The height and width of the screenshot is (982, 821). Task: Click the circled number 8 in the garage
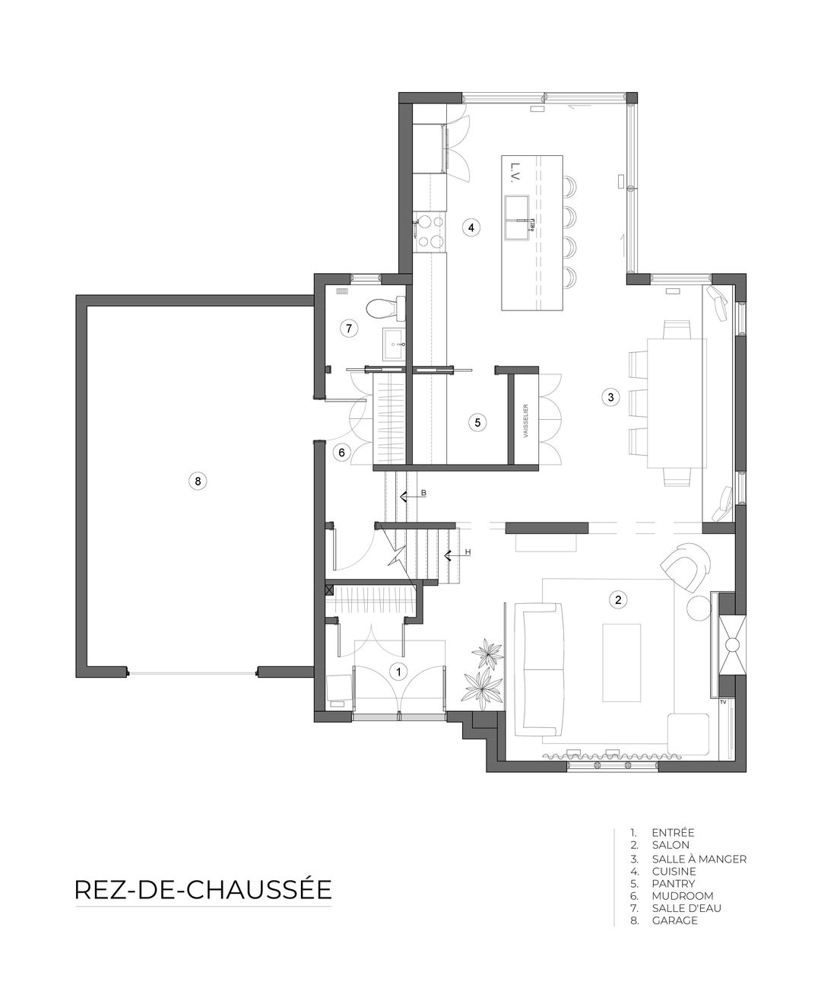click(198, 481)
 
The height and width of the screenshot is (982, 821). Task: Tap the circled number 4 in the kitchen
click(471, 227)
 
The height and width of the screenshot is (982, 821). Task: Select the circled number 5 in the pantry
click(477, 422)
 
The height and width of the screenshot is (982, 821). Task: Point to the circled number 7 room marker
click(349, 329)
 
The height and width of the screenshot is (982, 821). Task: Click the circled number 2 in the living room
click(618, 599)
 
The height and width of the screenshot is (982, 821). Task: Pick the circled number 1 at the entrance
click(398, 672)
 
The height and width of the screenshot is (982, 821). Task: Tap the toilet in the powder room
click(385, 308)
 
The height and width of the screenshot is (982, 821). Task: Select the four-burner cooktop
click(431, 231)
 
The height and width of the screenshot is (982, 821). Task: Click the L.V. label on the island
click(515, 173)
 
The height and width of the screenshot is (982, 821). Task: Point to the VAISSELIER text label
click(525, 421)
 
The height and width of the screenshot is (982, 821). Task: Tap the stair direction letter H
click(468, 551)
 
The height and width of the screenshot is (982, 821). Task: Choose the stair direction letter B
click(423, 492)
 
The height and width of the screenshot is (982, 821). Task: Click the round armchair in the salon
click(686, 569)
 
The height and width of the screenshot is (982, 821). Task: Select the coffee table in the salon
click(622, 663)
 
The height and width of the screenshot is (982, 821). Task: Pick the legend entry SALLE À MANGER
click(699, 859)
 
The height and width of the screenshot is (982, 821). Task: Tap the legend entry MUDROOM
click(683, 896)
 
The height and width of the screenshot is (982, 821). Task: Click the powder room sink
click(394, 345)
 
